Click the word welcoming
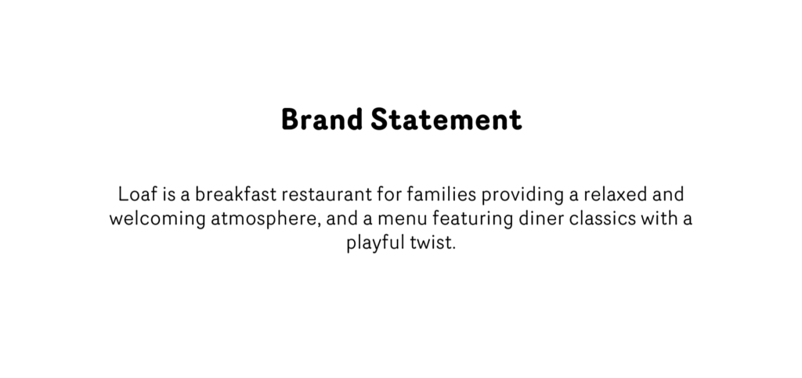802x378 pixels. coord(157,218)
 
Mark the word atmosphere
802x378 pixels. coord(266,218)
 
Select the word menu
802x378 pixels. coord(396,218)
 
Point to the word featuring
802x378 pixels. coord(468,218)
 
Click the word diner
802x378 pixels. coord(539,218)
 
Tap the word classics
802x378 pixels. coord(604,218)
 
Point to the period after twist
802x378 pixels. coord(453,248)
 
